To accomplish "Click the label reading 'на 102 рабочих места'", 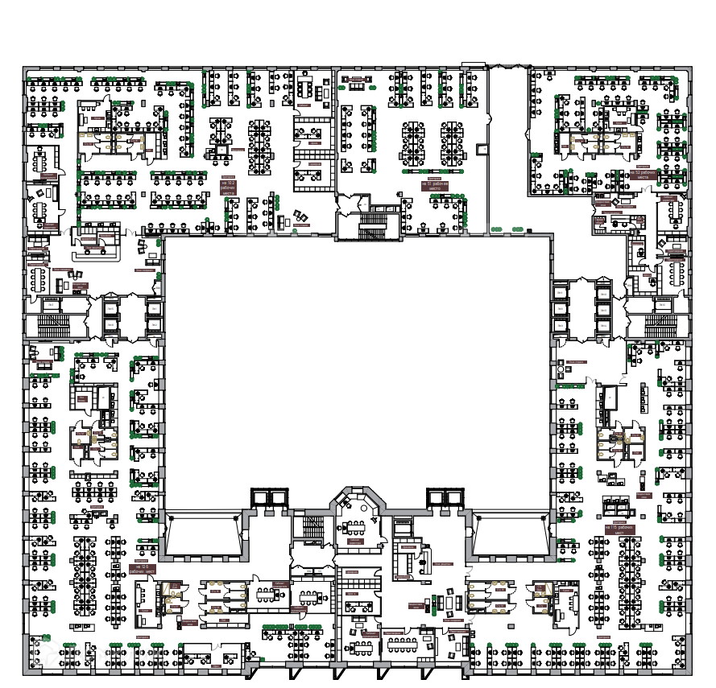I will click(x=230, y=187).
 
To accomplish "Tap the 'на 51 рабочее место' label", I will click(x=433, y=184).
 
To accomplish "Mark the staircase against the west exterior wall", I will click(x=53, y=324).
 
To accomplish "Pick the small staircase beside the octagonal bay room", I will click(x=312, y=528).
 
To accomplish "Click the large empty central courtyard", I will click(x=357, y=362).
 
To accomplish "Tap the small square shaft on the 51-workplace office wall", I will click(x=482, y=149).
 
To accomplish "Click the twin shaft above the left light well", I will click(x=269, y=496).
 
